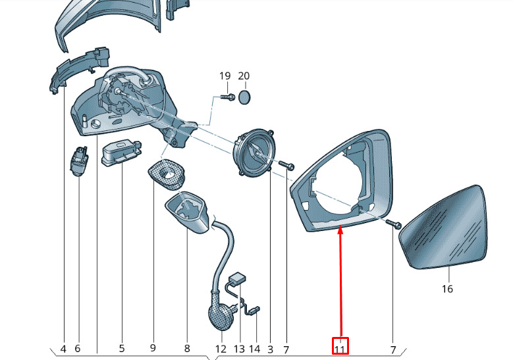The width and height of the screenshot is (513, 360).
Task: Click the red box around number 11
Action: tap(340, 346)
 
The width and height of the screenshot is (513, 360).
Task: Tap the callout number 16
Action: tap(447, 289)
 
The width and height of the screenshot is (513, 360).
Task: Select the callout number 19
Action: tap(225, 76)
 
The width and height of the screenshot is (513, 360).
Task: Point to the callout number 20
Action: tap(244, 76)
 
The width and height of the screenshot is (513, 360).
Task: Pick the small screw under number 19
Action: tap(228, 97)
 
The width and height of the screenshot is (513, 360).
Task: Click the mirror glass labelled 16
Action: tap(443, 228)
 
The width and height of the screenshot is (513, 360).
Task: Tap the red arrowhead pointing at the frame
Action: tap(340, 230)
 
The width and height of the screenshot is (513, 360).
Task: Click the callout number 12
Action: tap(221, 349)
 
